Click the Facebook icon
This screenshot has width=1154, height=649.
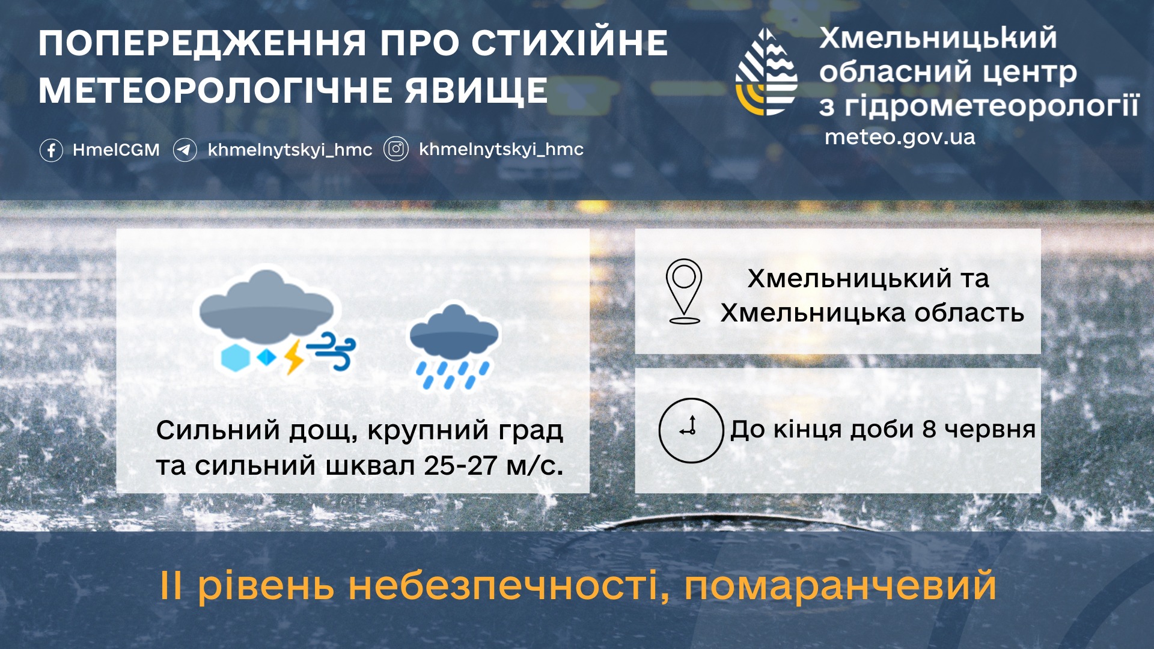click(51, 150)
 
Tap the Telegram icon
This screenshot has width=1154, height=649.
click(185, 150)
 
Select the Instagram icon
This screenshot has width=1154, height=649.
click(396, 149)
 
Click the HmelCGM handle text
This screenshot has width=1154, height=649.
click(116, 150)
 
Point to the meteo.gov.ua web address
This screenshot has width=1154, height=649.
click(900, 137)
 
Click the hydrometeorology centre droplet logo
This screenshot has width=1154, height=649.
click(766, 72)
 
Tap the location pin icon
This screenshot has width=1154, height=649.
click(684, 291)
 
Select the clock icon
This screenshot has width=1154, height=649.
click(691, 430)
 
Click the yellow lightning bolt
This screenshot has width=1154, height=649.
click(294, 357)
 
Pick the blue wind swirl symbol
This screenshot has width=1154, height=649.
click(331, 351)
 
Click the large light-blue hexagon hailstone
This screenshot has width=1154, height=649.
click(235, 358)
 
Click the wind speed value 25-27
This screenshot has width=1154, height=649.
click(460, 466)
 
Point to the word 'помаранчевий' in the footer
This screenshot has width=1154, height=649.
click(840, 586)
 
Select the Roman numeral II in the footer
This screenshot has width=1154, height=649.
click(171, 585)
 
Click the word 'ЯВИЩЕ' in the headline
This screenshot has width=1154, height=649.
click(476, 91)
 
